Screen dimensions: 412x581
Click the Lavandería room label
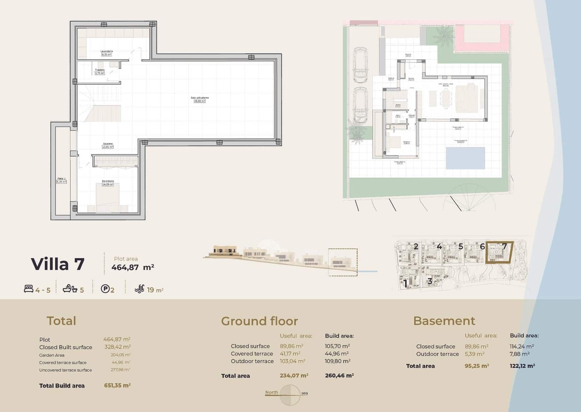(x=106, y=51)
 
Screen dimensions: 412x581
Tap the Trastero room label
(x=99, y=70)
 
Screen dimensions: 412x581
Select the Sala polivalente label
(x=200, y=98)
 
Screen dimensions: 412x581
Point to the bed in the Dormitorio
(x=107, y=198)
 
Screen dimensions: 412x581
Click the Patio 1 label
(x=61, y=179)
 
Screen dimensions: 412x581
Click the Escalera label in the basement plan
(x=107, y=144)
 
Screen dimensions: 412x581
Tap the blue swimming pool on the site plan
(x=465, y=158)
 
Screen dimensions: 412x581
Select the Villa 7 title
(x=58, y=264)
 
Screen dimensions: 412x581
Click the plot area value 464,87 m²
(x=133, y=268)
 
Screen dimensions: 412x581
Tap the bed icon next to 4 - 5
(x=28, y=289)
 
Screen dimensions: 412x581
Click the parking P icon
(x=105, y=289)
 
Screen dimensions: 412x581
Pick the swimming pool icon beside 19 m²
(x=139, y=289)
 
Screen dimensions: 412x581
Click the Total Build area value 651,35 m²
(x=117, y=386)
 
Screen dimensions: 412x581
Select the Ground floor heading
(x=259, y=321)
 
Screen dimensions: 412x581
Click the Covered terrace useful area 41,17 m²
(x=290, y=354)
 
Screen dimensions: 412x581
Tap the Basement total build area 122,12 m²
(x=522, y=366)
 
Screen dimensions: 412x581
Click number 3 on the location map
(x=430, y=281)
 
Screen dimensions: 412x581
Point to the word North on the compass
(x=272, y=392)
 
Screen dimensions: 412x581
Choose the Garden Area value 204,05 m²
(x=121, y=355)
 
